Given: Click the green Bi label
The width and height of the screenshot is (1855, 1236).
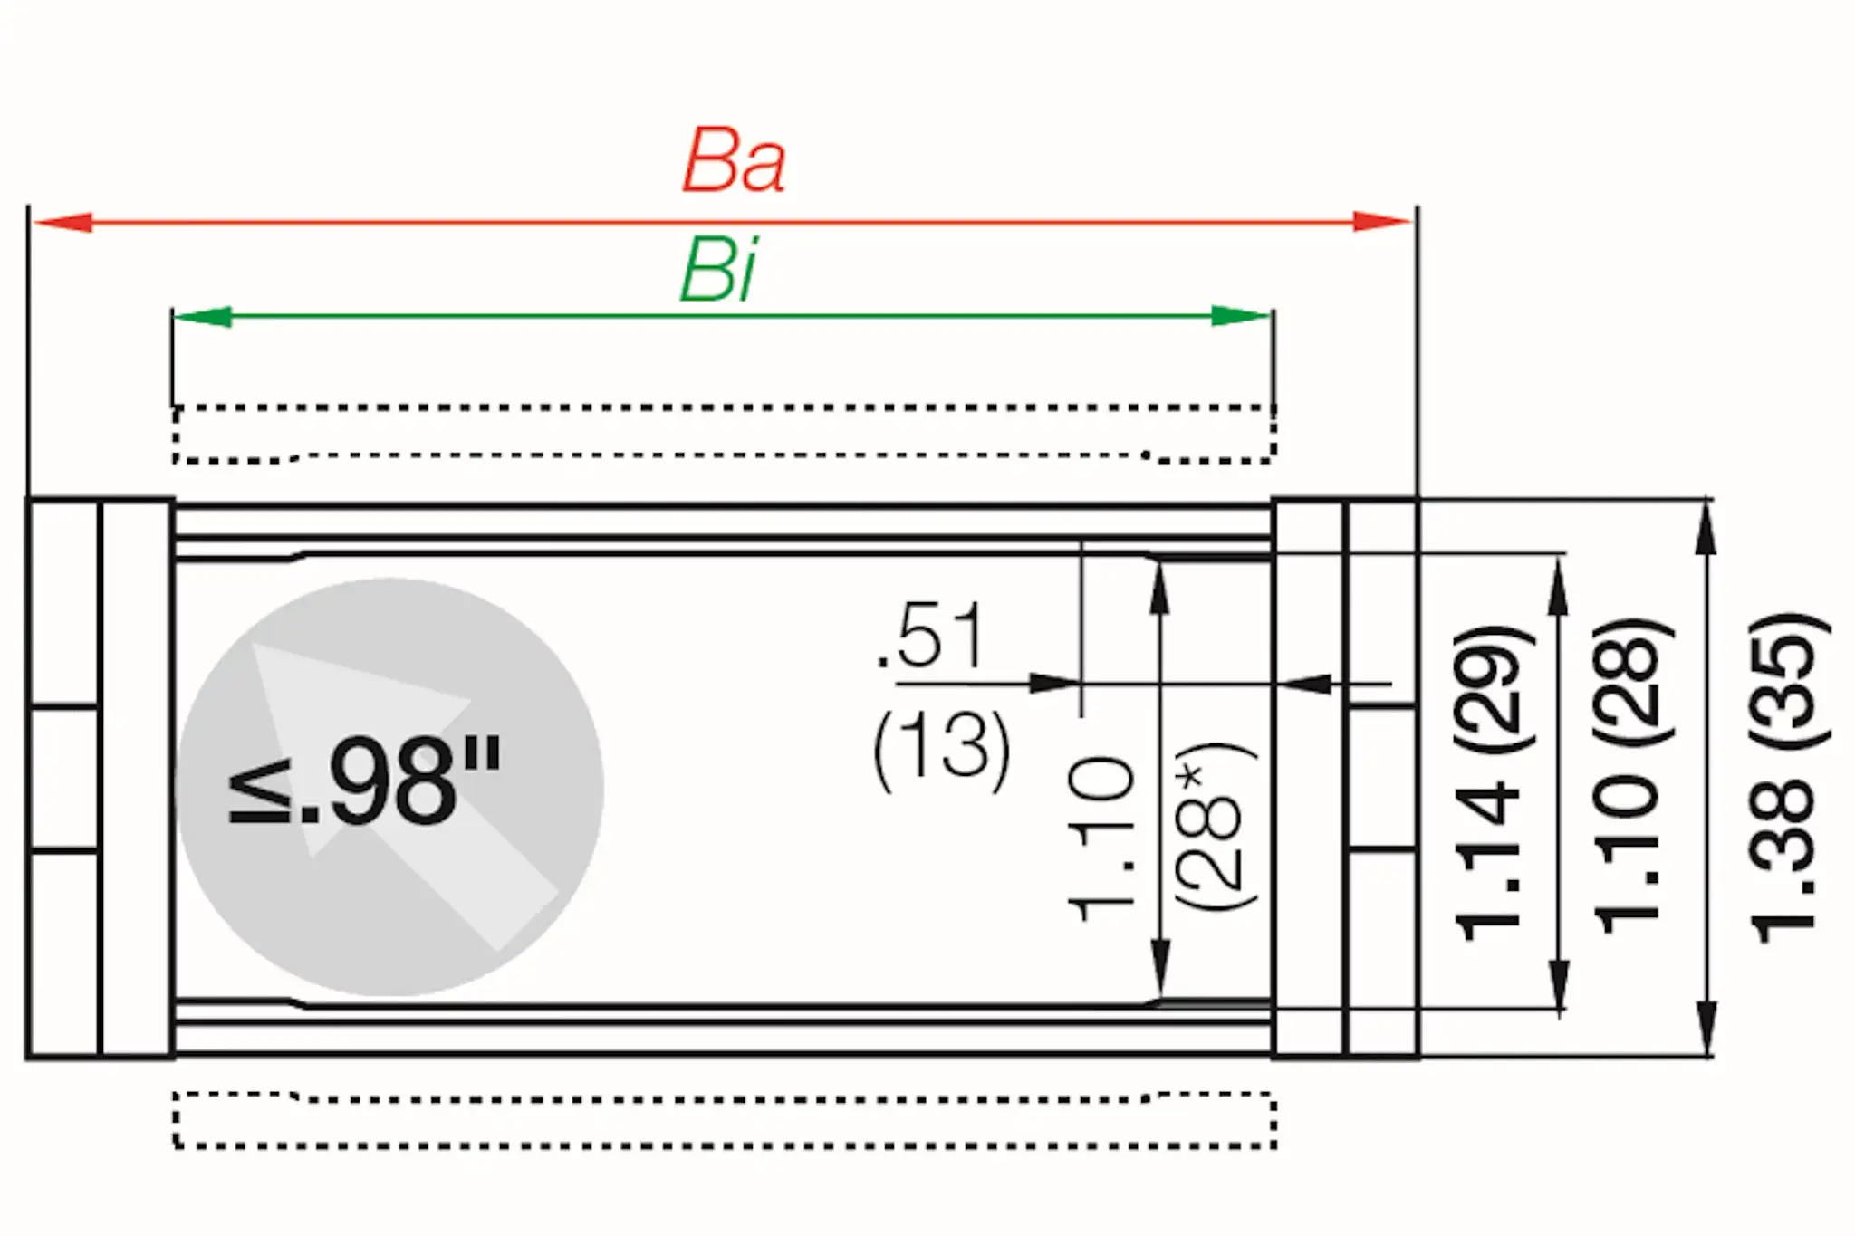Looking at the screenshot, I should click(718, 270).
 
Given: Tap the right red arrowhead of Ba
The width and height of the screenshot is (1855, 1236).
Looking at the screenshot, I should click(1382, 222).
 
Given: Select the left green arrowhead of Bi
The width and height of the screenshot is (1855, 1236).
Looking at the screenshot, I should click(201, 316).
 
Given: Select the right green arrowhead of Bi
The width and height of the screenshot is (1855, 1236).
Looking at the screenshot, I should click(1243, 316).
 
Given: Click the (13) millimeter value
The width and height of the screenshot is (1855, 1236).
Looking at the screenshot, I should click(942, 751).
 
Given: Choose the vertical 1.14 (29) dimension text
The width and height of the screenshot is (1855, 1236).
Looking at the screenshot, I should click(1489, 782).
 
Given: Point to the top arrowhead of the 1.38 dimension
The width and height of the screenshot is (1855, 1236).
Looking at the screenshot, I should click(1706, 525).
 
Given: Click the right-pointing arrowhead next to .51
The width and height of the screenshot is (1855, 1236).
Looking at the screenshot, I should click(1055, 683).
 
